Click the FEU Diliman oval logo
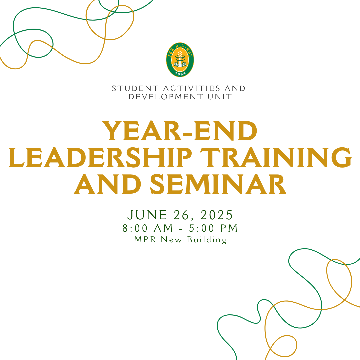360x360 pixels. coord(180,60)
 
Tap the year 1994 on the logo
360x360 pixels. coord(180,73)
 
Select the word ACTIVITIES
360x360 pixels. coord(192,88)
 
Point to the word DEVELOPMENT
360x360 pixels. coord(166,97)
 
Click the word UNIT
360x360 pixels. coord(219,97)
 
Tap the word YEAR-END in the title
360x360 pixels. coord(180,131)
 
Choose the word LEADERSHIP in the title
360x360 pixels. coord(100,157)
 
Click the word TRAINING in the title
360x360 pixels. coord(276,157)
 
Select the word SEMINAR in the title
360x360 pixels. coord(218,184)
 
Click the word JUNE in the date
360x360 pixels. coord(147,215)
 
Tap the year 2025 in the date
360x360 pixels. coord(217,215)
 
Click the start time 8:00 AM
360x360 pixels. coord(148,228)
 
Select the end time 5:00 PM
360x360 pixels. coord(213,228)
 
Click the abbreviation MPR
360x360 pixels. coord(145,239)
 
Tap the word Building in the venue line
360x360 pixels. coord(207,240)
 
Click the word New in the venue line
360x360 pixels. coord(172,240)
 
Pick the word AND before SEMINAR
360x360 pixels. coord(107,184)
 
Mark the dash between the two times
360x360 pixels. coord(181,229)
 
